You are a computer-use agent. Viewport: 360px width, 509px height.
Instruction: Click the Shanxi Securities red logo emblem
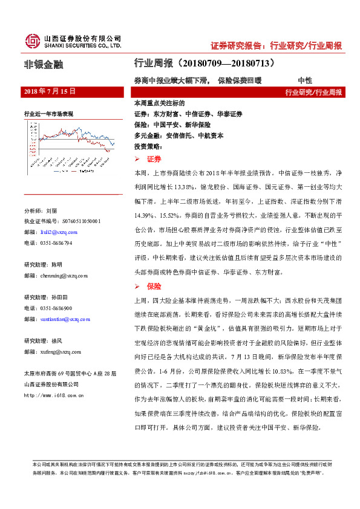pos(32,41)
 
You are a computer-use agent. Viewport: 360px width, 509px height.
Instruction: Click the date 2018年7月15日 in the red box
pos(49,91)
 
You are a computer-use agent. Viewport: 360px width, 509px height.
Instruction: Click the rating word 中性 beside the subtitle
pos(304,80)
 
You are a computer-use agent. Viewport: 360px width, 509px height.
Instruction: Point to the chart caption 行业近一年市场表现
pos(48,113)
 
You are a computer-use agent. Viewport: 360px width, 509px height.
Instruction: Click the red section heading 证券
pos(154,158)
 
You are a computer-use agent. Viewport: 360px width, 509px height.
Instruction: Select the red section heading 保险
pos(154,285)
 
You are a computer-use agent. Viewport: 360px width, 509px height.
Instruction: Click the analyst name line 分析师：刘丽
pos(39,210)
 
